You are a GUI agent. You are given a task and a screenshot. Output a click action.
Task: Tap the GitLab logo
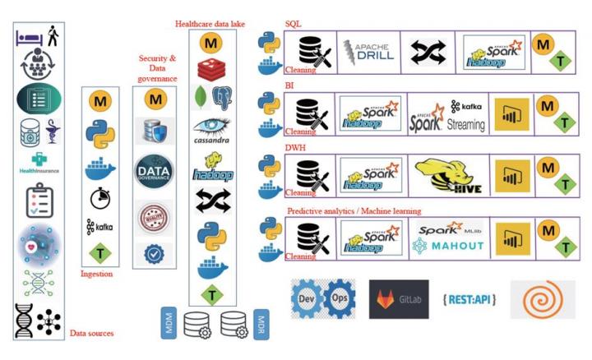tap(399, 300)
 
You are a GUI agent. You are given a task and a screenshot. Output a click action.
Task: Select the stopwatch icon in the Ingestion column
tap(99, 198)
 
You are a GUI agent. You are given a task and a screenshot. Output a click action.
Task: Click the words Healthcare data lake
tap(213, 25)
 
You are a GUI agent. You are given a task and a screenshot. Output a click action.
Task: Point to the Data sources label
tap(90, 333)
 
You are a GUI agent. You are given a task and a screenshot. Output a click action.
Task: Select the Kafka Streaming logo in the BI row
tap(467, 116)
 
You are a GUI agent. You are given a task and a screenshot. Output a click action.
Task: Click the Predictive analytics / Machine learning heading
tap(354, 211)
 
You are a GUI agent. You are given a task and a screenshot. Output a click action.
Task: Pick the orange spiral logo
tap(542, 300)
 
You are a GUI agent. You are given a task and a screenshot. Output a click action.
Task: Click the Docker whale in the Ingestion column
tap(99, 169)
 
